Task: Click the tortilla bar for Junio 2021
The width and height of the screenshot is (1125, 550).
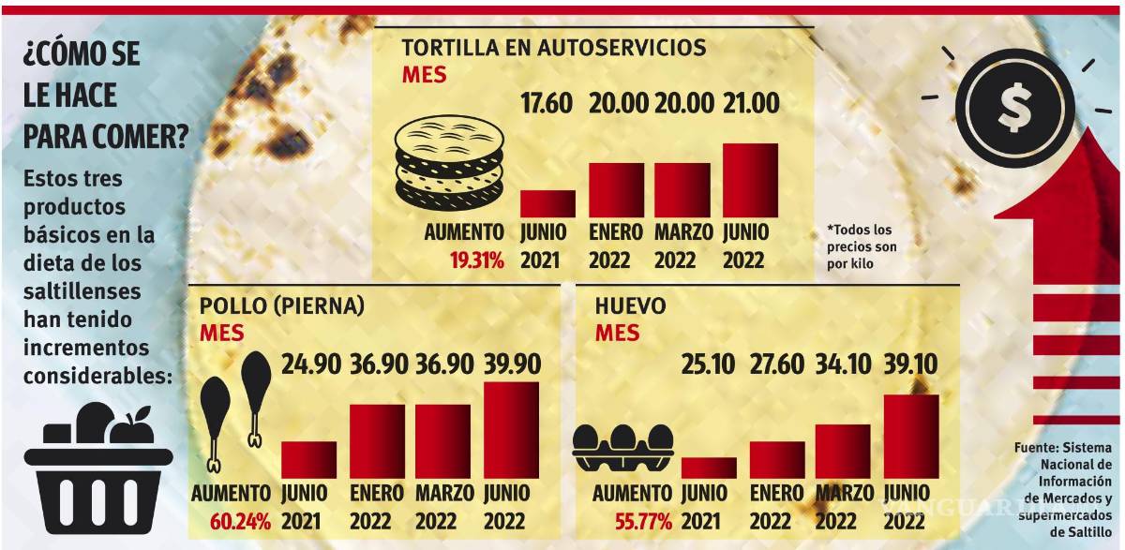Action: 547,203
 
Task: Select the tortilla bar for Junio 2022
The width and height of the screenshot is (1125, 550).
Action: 750,180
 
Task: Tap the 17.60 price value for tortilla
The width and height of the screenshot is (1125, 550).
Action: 547,103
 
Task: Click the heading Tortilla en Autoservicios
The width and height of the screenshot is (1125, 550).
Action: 554,47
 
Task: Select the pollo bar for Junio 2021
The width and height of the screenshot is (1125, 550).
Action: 308,459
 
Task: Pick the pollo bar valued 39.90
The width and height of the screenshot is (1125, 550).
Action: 511,430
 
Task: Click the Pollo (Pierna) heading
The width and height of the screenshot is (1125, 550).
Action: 281,305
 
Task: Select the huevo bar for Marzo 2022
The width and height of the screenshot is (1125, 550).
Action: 842,451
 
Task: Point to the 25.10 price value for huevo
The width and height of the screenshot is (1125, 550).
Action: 708,364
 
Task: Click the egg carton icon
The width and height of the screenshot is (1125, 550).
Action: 623,447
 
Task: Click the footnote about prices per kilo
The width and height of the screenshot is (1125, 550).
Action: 860,246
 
